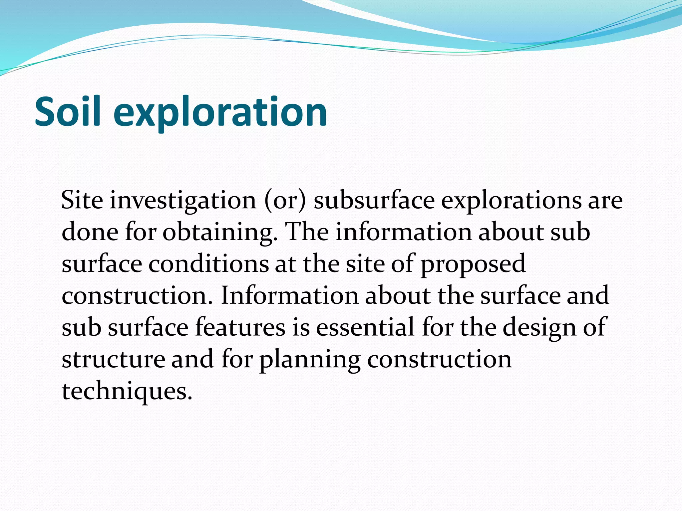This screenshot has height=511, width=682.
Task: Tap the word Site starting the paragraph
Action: tap(82, 200)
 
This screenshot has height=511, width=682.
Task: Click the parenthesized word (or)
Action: tap(285, 201)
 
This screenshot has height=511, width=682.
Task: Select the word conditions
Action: tap(208, 264)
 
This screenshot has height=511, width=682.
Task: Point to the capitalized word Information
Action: tap(289, 295)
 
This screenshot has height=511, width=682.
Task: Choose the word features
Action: tap(240, 327)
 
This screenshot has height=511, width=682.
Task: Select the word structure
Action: tap(113, 359)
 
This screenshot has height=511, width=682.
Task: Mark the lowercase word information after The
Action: tap(403, 232)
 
